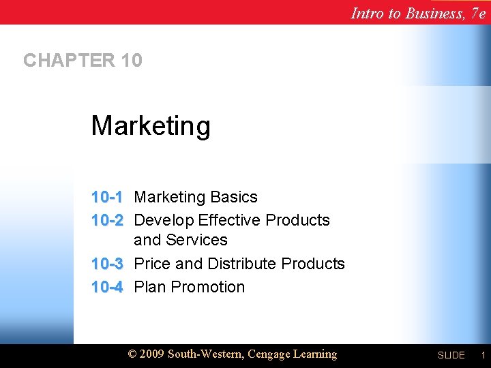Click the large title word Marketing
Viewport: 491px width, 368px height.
151,126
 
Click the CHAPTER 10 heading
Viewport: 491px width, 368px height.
83,61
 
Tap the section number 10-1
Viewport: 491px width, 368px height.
107,197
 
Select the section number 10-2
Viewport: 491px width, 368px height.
107,220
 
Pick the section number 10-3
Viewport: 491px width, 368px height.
107,264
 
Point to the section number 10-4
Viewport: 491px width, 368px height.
107,287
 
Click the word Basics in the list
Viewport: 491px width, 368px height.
234,197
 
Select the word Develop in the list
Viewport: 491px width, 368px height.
164,220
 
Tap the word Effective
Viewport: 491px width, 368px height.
229,220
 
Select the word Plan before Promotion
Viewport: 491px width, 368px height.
150,287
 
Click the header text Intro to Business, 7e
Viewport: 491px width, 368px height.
418,12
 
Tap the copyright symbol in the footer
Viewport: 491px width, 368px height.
133,354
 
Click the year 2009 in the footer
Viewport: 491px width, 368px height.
153,354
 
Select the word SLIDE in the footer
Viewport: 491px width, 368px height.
451,356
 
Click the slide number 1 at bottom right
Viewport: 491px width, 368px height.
482,355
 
